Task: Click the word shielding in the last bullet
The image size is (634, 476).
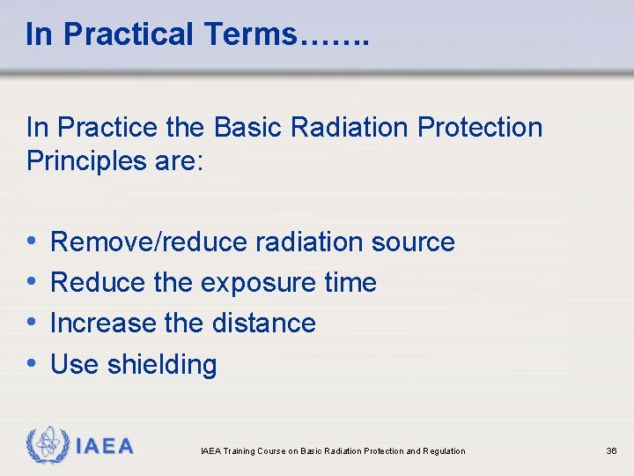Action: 161,364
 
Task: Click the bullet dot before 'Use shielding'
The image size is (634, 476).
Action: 32,363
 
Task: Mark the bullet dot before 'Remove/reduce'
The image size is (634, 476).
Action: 32,241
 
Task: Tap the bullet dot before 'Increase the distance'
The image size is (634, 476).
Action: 32,322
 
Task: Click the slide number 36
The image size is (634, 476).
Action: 611,451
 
